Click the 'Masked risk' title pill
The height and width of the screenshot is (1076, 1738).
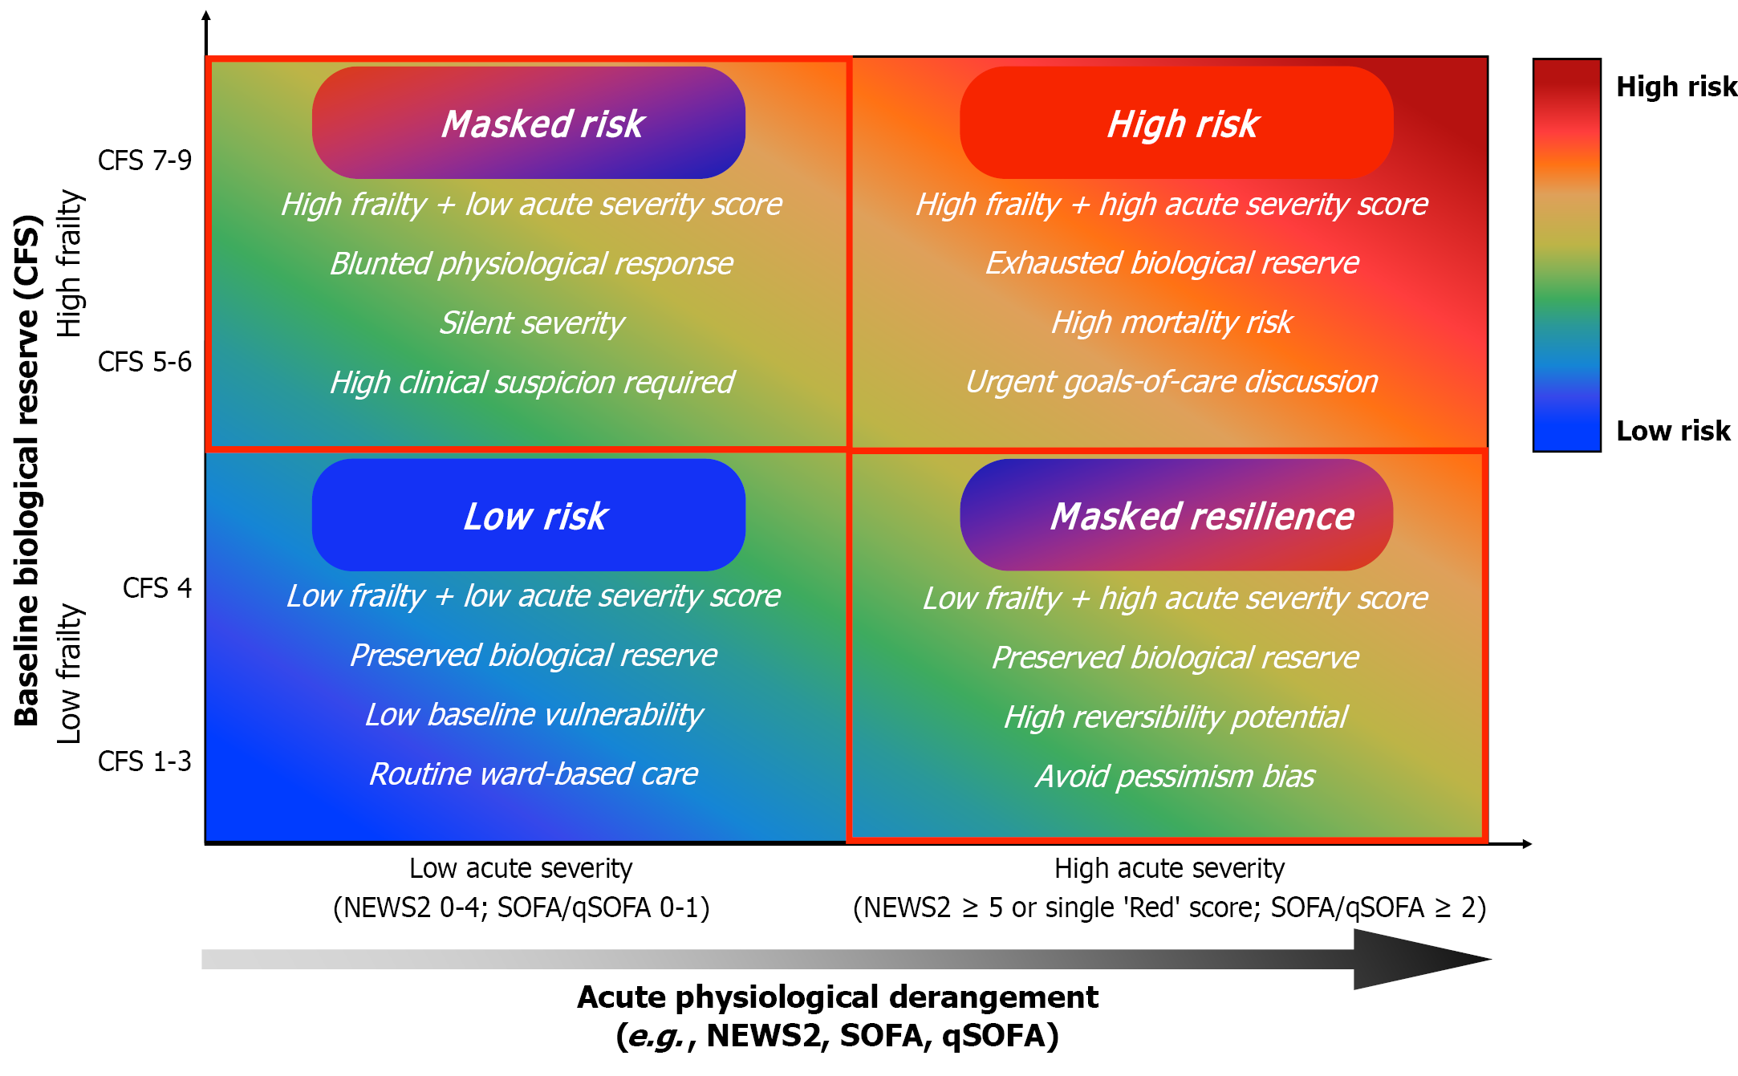click(529, 123)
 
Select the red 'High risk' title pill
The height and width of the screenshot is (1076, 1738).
click(1176, 123)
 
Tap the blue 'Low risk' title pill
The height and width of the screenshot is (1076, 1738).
click(529, 515)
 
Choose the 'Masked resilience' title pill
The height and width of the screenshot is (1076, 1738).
click(1176, 515)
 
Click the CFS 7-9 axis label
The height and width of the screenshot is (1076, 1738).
click(144, 160)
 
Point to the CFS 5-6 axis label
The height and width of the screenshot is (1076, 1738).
click(144, 362)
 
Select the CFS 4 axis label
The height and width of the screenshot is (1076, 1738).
click(157, 588)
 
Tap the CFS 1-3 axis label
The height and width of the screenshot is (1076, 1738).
click(144, 761)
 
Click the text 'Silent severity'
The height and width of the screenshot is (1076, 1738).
click(532, 323)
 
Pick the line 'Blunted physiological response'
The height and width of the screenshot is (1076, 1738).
click(532, 264)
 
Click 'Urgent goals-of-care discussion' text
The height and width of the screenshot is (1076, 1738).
click(1172, 382)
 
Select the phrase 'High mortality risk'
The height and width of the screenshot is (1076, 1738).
click(1172, 323)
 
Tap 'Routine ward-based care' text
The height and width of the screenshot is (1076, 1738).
click(534, 774)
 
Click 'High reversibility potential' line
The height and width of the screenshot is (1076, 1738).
click(1176, 717)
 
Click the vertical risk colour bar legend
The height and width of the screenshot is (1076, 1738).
click(1567, 255)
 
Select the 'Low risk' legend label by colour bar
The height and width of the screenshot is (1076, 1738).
click(1673, 431)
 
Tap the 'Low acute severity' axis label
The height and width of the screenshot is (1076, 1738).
click(521, 868)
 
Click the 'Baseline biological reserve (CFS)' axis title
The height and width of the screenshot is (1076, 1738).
click(28, 470)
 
